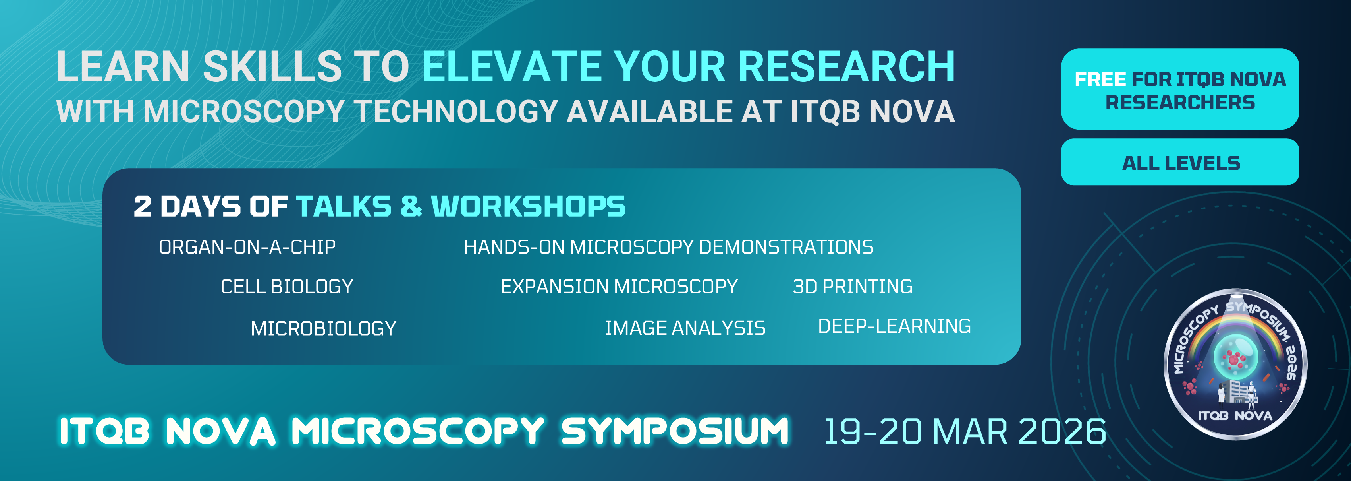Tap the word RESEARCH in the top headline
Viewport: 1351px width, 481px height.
pyautogui.click(x=847, y=67)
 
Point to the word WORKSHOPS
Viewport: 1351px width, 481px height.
pyautogui.click(x=528, y=206)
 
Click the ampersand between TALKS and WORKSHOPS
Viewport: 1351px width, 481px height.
pyautogui.click(x=411, y=206)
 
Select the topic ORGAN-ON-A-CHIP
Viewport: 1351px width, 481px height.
pyautogui.click(x=247, y=247)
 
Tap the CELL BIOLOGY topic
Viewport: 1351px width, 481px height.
pyautogui.click(x=287, y=287)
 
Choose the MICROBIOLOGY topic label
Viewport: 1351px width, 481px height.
pyautogui.click(x=323, y=328)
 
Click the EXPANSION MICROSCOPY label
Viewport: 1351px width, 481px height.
pyautogui.click(x=619, y=287)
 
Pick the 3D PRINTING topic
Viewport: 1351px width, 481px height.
pyautogui.click(x=852, y=287)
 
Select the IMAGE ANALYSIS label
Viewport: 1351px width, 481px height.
pyautogui.click(x=685, y=328)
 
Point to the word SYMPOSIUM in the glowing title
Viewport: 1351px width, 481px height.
pyautogui.click(x=675, y=431)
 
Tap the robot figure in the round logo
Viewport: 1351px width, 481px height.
pyautogui.click(x=1251, y=394)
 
